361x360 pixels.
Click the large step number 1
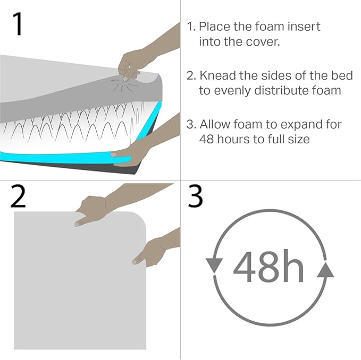[18, 24]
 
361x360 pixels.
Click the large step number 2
[18, 196]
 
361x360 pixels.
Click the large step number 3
[195, 196]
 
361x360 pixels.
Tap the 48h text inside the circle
[268, 267]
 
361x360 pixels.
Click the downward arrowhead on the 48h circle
[214, 265]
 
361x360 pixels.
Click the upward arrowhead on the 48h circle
[325, 270]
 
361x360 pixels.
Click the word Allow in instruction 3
[215, 124]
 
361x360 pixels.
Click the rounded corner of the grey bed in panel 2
[141, 217]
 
